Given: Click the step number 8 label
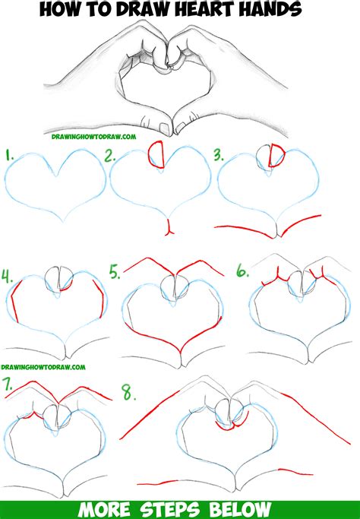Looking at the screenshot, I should (x=128, y=393).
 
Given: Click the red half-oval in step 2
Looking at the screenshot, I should (x=158, y=154).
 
